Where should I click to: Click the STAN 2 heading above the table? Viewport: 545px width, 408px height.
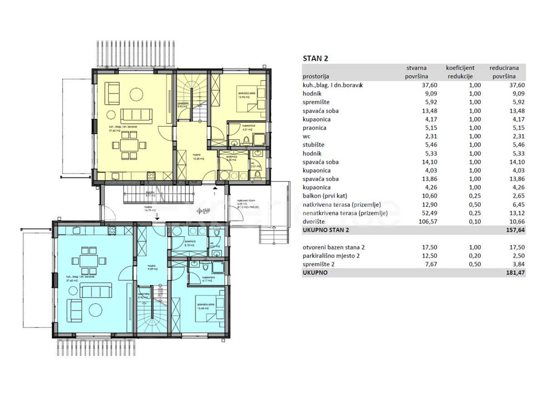pyautogui.click(x=315, y=58)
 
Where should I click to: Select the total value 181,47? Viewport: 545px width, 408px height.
pyautogui.click(x=515, y=273)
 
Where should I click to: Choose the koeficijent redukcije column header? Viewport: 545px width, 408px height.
pyautogui.click(x=460, y=72)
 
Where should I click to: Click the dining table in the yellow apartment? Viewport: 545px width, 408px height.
pyautogui.click(x=132, y=145)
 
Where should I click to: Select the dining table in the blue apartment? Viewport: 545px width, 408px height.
pyautogui.click(x=86, y=260)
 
